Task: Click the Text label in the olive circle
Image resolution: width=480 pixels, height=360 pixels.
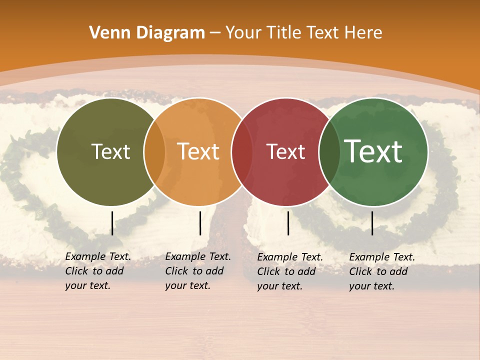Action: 111,151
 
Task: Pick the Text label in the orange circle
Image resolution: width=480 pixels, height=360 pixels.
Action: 198,151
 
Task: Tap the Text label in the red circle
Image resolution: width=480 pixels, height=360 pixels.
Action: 286,151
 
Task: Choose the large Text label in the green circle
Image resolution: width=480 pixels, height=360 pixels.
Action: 373,151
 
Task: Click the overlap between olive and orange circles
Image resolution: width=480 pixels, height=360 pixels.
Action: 154,151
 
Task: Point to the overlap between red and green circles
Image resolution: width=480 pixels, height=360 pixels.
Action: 329,151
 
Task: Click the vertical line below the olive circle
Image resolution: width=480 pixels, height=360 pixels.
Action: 112,223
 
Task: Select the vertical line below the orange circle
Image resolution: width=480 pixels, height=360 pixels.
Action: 200,223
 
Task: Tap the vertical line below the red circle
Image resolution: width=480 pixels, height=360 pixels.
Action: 288,223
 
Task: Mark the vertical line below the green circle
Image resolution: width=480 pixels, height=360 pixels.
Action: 372,223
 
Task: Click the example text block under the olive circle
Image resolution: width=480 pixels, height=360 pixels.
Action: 97,271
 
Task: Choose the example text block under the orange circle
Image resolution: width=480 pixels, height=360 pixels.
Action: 197,271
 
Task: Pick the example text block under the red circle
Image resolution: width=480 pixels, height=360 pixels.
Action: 289,271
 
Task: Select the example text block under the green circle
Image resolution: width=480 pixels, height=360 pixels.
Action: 381,271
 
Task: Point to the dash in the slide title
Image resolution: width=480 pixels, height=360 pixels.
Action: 215,33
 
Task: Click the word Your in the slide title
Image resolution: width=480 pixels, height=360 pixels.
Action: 243,33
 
